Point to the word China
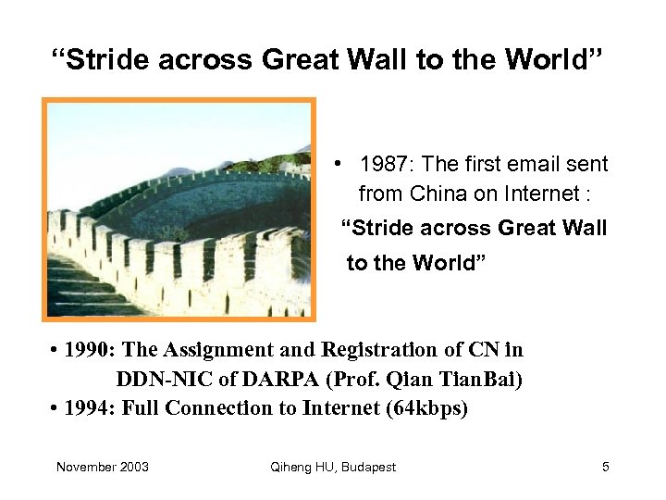tap(438, 194)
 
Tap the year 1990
tap(90, 350)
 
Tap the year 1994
tap(90, 409)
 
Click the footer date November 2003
tap(103, 467)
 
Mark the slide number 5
tap(606, 467)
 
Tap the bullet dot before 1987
tap(341, 164)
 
